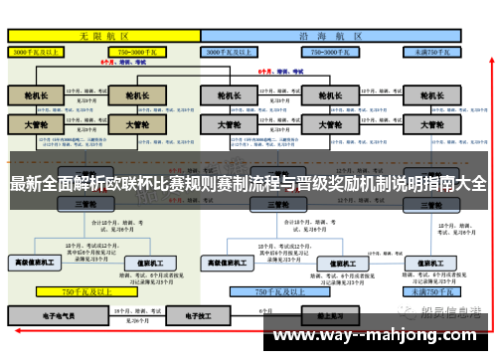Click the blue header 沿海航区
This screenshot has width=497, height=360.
[x=328, y=35]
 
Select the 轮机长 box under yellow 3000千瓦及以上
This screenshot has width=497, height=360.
[x=36, y=97]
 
